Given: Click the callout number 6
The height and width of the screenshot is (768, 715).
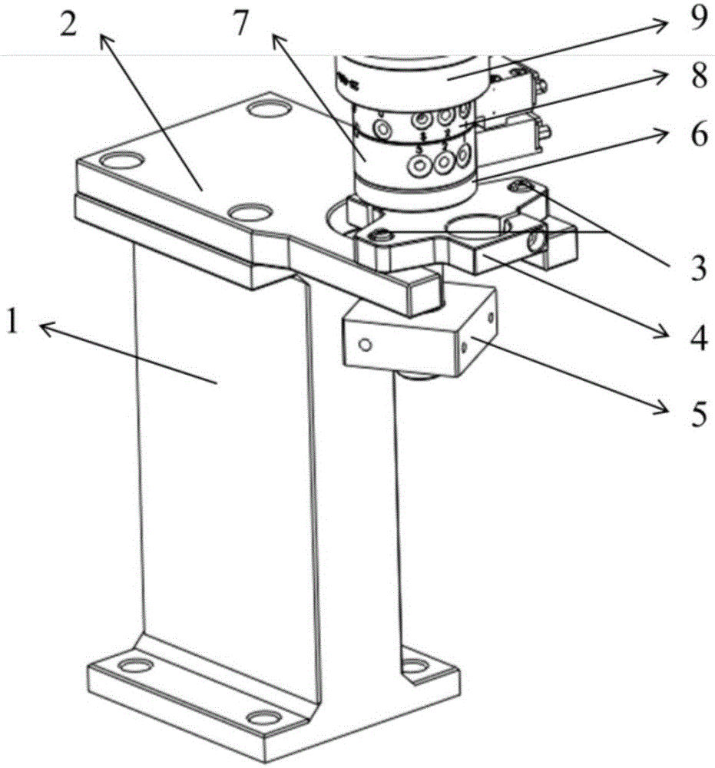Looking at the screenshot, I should pyautogui.click(x=697, y=135).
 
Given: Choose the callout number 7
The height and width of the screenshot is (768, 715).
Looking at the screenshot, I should pyautogui.click(x=240, y=24).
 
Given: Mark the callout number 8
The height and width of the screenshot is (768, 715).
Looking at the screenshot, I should pyautogui.click(x=697, y=78).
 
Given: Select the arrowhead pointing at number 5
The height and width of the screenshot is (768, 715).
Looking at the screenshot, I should pyautogui.click(x=667, y=411).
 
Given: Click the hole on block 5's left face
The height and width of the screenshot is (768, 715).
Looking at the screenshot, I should pyautogui.click(x=366, y=345).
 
